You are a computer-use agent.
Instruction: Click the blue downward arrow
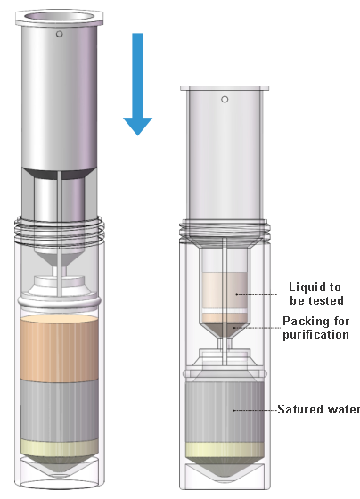138,84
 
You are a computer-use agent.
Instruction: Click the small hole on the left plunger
59,34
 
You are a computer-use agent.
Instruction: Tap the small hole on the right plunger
225,100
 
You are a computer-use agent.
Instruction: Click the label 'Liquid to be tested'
316,294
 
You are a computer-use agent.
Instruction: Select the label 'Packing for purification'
316,328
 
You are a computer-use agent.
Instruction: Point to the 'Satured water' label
319,409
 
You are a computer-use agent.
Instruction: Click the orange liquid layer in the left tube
59,348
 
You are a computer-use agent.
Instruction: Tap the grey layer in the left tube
59,410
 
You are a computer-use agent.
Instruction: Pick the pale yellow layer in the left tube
59,447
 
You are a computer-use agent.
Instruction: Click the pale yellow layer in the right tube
225,450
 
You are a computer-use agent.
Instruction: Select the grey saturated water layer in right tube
225,413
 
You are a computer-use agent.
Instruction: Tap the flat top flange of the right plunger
225,88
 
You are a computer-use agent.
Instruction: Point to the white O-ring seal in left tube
60,302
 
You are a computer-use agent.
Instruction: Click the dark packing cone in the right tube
225,330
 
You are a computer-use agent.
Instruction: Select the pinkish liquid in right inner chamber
225,290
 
